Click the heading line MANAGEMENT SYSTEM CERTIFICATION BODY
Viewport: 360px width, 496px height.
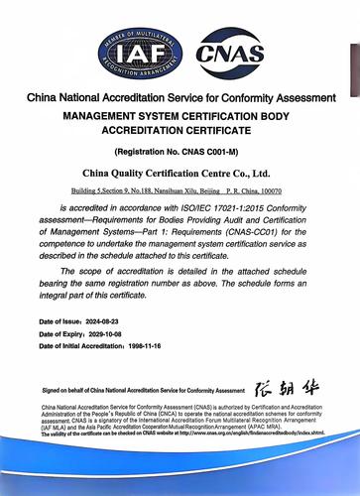(x=180, y=115)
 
